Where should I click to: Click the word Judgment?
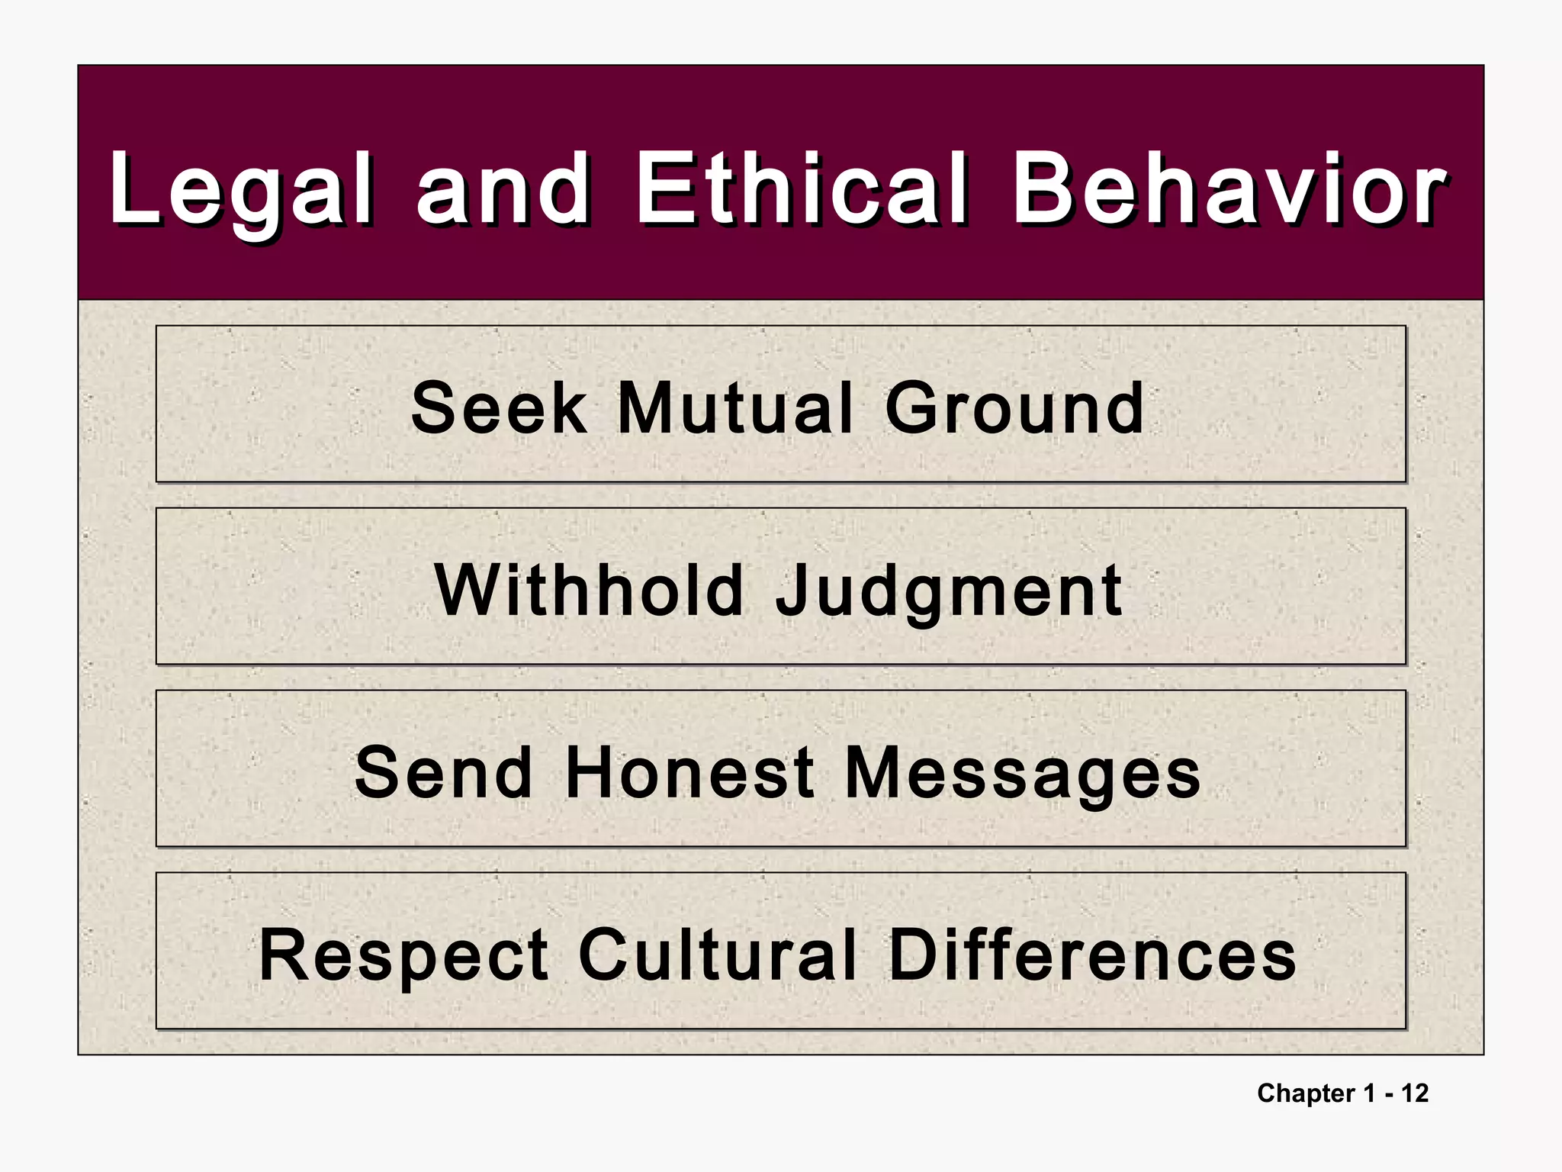point(948,592)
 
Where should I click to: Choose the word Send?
point(444,773)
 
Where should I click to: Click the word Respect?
point(403,957)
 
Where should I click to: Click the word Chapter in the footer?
point(1306,1093)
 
